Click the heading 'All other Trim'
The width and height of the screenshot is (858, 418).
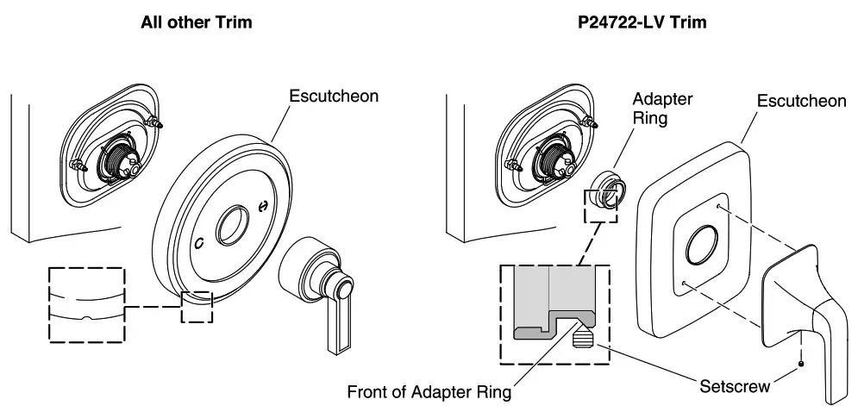(197, 22)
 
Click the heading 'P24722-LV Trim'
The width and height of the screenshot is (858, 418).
(642, 22)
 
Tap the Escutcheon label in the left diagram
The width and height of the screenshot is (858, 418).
(334, 97)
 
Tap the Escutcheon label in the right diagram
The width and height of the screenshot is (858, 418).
(801, 102)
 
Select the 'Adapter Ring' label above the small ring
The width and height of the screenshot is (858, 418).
(662, 109)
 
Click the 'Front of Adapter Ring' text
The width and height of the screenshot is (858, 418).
(429, 392)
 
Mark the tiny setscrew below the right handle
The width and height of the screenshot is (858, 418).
(803, 363)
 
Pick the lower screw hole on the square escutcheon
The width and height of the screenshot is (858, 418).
(682, 283)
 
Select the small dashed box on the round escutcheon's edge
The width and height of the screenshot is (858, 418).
(197, 306)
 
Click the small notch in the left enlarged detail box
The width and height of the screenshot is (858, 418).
(85, 318)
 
